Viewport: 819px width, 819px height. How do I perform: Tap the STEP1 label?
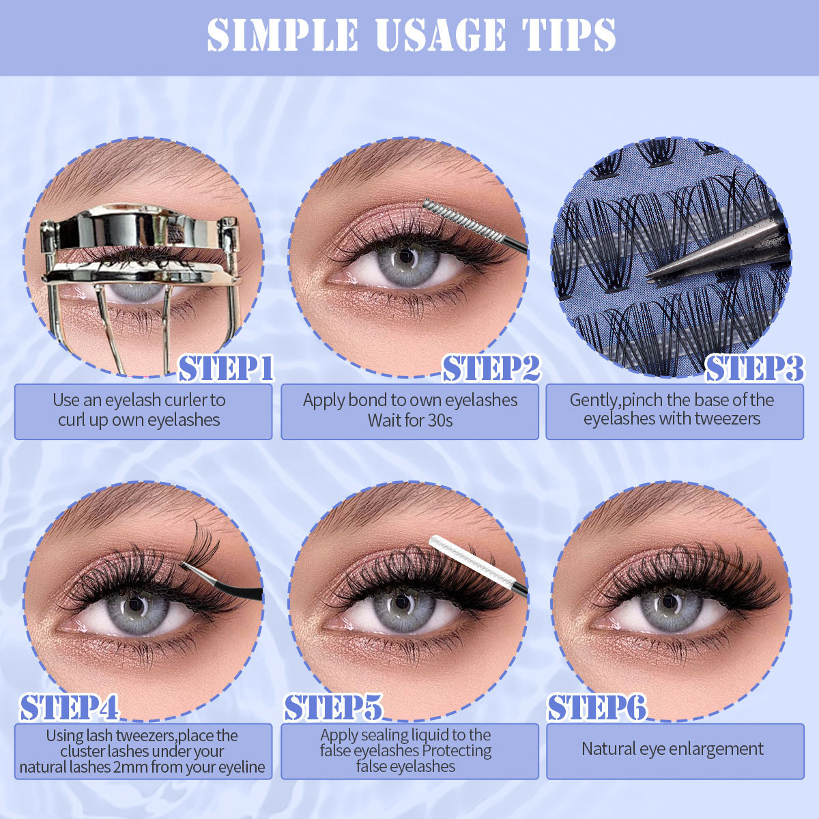226,369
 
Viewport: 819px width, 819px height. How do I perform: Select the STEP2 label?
491,369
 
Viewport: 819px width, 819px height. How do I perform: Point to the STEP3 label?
754,369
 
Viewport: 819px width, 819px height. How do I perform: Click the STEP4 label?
69,708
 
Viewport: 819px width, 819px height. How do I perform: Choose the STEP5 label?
332,708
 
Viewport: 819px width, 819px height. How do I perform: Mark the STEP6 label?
597,708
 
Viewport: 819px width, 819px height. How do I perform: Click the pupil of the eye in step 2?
407,258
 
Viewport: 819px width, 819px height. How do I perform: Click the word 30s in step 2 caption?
437,420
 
